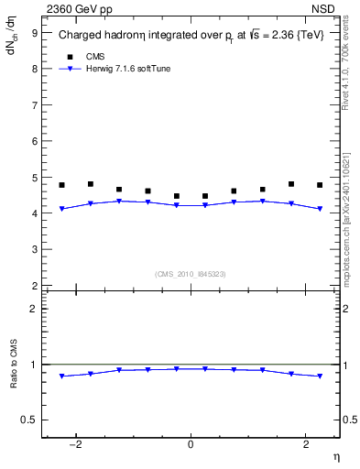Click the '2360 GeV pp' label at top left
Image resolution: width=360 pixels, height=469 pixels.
(72, 10)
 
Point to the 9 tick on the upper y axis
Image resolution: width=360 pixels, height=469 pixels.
(34, 33)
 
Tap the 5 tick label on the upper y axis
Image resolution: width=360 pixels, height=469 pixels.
(34, 178)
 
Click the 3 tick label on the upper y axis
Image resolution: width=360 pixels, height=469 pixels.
(34, 249)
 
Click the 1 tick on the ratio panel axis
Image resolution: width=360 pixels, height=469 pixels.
(34, 365)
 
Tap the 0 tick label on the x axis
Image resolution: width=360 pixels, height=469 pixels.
(191, 444)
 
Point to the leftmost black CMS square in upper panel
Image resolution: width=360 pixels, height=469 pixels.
(61, 185)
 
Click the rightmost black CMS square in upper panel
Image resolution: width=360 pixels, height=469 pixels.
(320, 185)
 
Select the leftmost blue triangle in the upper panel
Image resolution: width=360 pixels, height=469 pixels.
(61, 209)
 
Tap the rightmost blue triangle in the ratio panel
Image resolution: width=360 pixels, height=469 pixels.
(320, 376)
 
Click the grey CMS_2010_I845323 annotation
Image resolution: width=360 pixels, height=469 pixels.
(191, 273)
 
